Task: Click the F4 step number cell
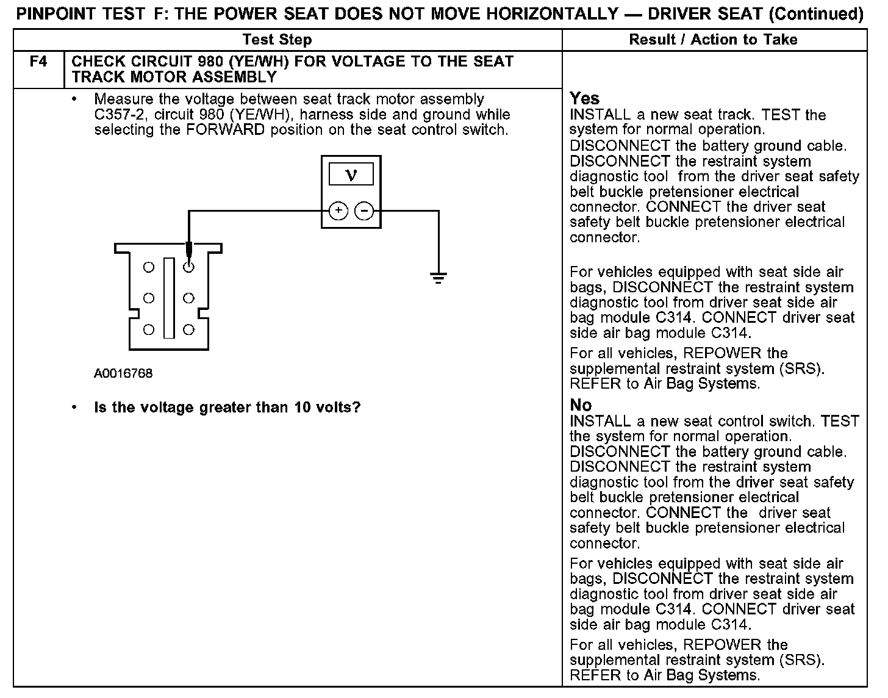tap(38, 62)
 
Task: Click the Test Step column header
tap(277, 40)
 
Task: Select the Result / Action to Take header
tap(713, 40)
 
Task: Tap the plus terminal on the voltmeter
tap(338, 211)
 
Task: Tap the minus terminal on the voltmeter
tap(364, 211)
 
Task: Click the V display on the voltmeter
tap(351, 176)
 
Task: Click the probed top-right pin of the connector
tap(189, 267)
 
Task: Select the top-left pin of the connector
tap(149, 267)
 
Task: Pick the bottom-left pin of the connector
tap(149, 329)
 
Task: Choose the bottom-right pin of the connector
tap(189, 329)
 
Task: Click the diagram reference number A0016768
tap(123, 373)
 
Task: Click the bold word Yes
tap(584, 98)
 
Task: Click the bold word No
tap(581, 405)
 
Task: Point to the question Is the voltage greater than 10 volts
tap(227, 407)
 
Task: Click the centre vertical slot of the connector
tap(169, 298)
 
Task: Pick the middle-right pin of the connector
tap(189, 298)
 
